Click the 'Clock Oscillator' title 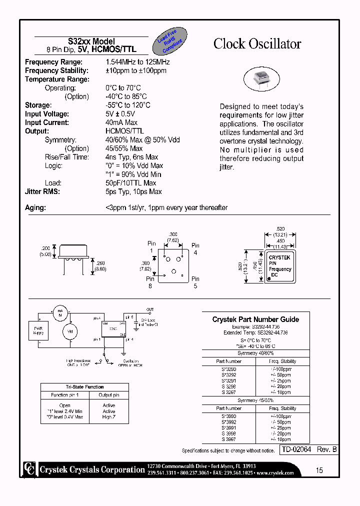click(x=257, y=44)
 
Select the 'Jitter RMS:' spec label click(x=42, y=191)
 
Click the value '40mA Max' click(x=121, y=122)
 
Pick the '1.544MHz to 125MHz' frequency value click(x=137, y=62)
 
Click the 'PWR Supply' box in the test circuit click(x=38, y=330)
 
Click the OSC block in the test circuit click(x=113, y=329)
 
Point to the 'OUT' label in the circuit click(x=150, y=310)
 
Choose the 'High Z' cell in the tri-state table click(x=109, y=416)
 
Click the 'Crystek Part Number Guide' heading click(x=255, y=319)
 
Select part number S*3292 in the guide click(x=229, y=374)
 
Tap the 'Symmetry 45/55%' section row click(x=255, y=400)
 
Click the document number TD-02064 click(x=297, y=450)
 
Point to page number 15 click(x=319, y=470)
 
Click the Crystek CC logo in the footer click(x=30, y=469)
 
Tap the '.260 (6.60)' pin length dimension click(x=101, y=266)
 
